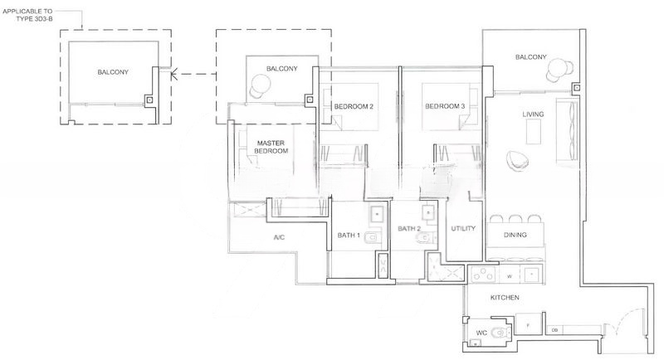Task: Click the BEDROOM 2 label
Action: pos(354,107)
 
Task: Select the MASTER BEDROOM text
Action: pos(271,147)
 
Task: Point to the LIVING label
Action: pos(533,114)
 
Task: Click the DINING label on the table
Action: pos(515,236)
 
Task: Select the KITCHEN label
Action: pos(505,297)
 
